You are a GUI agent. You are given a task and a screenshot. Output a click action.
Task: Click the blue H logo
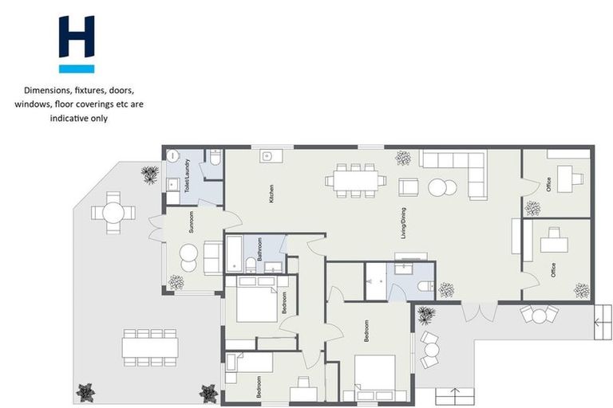click(x=76, y=44)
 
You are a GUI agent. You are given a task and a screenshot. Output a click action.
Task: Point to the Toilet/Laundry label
click(x=187, y=176)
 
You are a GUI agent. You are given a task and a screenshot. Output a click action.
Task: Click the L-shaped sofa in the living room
click(x=459, y=170)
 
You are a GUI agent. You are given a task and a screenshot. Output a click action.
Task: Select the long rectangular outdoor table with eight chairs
click(x=150, y=344)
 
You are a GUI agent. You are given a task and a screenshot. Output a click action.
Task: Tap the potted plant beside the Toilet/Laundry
click(x=149, y=175)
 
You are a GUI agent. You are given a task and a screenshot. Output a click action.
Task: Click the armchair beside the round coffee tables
click(x=408, y=188)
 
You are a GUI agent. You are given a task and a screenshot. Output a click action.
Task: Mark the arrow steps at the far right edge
click(x=598, y=324)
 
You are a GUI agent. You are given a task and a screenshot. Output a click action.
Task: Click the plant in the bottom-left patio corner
click(x=85, y=392)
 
